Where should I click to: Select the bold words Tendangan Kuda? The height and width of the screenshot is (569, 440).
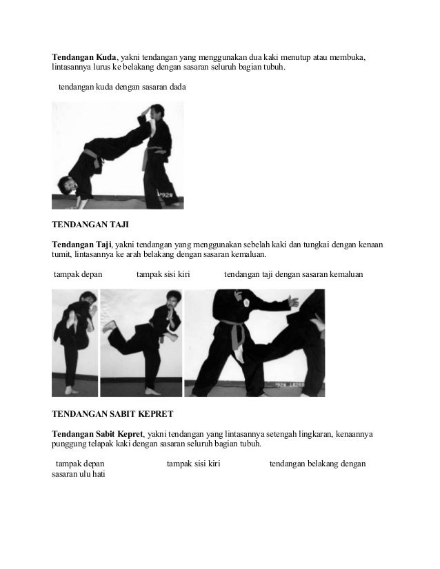pyautogui.click(x=83, y=55)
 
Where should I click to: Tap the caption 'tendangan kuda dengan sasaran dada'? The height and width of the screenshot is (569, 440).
pyautogui.click(x=122, y=87)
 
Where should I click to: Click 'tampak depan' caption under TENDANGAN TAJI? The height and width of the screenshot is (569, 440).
pyautogui.click(x=79, y=274)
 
